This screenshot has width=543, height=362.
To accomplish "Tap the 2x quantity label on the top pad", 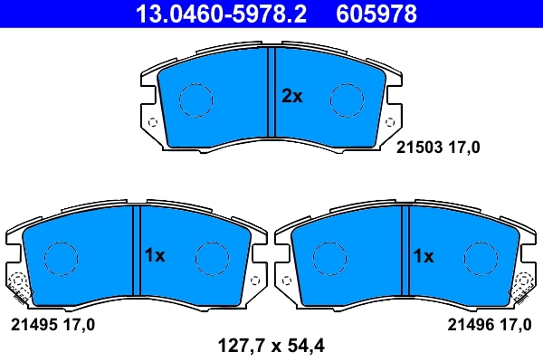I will tap(291, 97).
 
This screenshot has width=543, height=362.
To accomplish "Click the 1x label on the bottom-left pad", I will tap(155, 256).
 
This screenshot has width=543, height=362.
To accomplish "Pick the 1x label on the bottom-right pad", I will tap(424, 256).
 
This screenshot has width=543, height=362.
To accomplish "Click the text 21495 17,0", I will tap(52, 323).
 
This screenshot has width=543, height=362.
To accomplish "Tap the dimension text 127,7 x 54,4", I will tap(271, 344).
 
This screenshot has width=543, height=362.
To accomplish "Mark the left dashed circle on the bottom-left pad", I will tap(60, 258).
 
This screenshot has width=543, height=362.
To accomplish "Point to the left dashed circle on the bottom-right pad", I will tap(329, 258).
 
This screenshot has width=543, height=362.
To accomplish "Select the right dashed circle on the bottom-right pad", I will tap(480, 258).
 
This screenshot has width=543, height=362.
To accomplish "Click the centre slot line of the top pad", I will tap(271, 95).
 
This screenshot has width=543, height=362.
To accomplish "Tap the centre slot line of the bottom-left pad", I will tap(137, 251).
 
